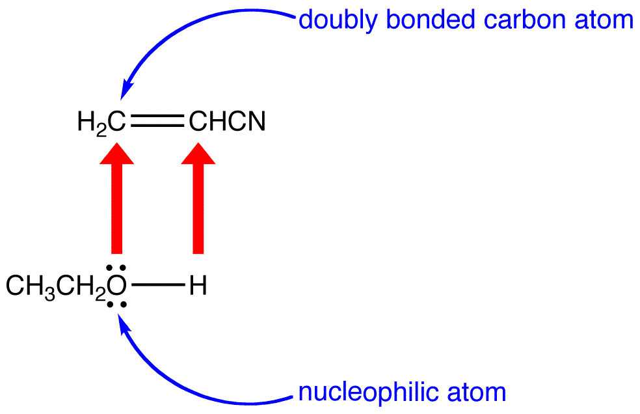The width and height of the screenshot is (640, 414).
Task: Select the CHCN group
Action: click(227, 122)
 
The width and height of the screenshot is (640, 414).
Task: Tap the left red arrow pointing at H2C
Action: click(117, 202)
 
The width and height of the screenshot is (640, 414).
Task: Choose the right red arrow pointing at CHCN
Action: click(198, 202)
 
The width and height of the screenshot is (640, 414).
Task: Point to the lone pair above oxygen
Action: click(117, 268)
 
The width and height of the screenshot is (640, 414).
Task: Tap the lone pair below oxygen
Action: click(117, 305)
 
